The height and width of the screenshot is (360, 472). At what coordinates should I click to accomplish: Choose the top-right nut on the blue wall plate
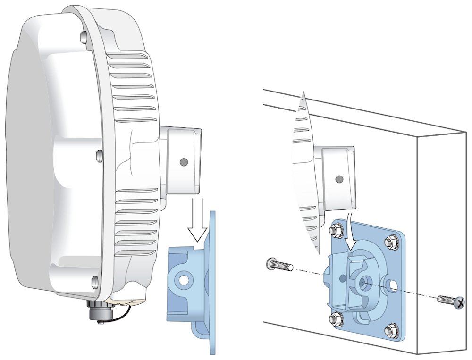[390, 243]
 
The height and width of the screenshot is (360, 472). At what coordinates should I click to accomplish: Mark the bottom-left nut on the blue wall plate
[334, 318]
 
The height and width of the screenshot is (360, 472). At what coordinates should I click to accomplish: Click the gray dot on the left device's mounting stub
[184, 162]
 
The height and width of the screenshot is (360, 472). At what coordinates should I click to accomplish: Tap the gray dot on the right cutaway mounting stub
[339, 179]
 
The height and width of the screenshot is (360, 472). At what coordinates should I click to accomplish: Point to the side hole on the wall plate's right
[391, 285]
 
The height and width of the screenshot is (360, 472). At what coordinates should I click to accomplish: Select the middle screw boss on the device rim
[99, 155]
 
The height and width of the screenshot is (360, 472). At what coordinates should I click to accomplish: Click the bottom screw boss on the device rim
[95, 283]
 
